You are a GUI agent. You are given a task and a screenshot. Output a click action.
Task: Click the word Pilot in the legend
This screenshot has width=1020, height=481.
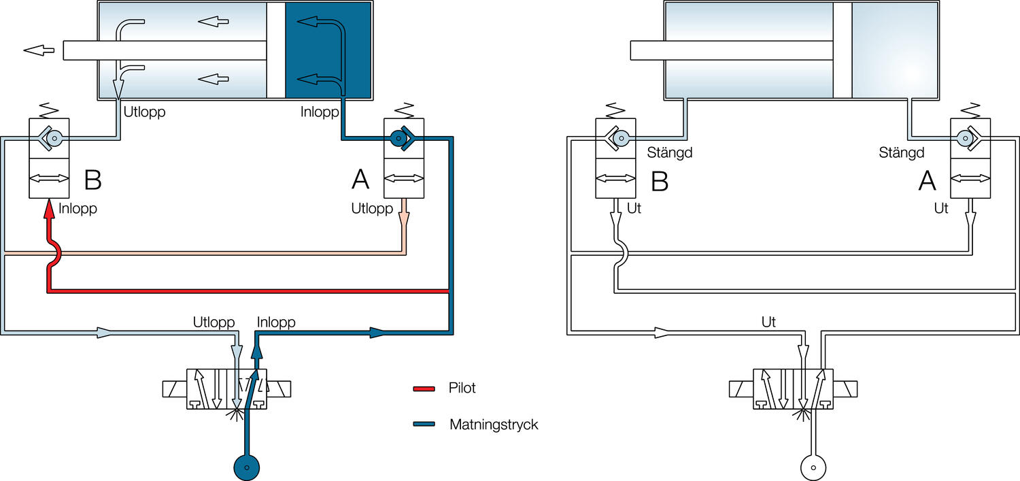pos(462,388)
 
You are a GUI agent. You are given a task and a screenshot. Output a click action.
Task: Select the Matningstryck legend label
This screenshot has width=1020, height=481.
pos(494,425)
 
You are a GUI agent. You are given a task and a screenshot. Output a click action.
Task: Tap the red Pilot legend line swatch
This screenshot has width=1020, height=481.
pos(424,389)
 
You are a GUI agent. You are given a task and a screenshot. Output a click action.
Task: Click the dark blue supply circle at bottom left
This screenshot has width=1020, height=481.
pos(246,467)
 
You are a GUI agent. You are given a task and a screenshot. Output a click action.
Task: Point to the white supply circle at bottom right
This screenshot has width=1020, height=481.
pos(813,468)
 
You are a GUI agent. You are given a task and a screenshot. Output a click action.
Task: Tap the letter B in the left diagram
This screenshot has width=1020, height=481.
pos(92,180)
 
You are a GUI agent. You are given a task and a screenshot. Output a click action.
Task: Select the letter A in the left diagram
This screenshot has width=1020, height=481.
pos(360,180)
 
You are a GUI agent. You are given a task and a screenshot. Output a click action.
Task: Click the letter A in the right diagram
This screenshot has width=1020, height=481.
pos(927,180)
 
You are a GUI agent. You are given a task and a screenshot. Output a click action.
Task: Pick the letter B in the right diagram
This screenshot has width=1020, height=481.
pos(659,180)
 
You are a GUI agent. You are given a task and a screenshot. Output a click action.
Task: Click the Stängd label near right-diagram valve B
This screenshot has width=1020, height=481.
pos(669,152)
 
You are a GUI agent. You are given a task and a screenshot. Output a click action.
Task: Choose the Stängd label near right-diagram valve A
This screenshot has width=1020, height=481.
pos(902,152)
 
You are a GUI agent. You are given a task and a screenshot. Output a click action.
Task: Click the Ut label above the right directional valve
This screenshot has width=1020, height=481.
pos(768,322)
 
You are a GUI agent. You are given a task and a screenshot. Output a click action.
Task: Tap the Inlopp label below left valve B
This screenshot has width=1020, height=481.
pos(78,209)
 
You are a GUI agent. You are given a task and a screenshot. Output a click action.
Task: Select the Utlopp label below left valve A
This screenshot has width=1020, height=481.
pos(372,209)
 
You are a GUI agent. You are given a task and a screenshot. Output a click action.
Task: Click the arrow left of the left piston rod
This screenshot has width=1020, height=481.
pos(39,50)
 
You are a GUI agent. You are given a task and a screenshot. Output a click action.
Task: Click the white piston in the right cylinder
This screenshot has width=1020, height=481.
pos(843,50)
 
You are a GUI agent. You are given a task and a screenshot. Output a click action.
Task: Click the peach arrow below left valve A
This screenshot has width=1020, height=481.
pos(405,217)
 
